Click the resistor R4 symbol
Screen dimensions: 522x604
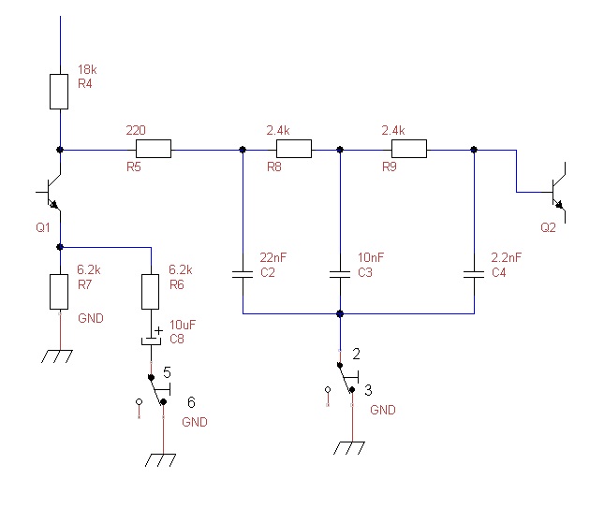[x=60, y=91]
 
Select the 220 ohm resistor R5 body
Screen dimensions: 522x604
[x=154, y=149]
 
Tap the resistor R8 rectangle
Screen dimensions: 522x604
[x=293, y=149]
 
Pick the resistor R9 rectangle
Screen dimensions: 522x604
[x=409, y=149]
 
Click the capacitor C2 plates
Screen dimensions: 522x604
[x=243, y=275]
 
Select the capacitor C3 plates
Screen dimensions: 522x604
[x=339, y=275]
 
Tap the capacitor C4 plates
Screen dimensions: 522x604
[x=475, y=275]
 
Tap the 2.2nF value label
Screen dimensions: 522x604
[x=506, y=257]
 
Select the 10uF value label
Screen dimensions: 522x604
[x=182, y=325]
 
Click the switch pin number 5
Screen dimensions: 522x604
[x=167, y=371]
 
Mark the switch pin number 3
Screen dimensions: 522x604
[x=367, y=390]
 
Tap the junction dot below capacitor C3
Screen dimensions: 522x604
[x=339, y=313]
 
